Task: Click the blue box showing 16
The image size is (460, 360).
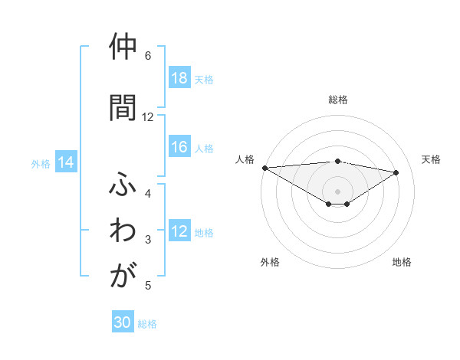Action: [x=179, y=148]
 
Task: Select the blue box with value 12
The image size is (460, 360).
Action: [x=179, y=232]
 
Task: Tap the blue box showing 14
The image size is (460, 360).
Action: [x=66, y=162]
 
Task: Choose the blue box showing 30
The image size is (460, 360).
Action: [x=123, y=323]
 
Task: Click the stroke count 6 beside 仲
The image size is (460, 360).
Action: [x=148, y=56]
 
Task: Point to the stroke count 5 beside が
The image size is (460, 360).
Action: [x=148, y=286]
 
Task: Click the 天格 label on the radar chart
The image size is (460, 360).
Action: [x=431, y=159]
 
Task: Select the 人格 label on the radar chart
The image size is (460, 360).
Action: [x=245, y=159]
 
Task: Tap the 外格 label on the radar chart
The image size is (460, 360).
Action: [x=270, y=262]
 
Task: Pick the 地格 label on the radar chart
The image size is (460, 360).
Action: [x=402, y=262]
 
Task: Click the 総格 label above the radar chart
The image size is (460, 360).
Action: [x=337, y=100]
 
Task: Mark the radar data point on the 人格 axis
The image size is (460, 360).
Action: [x=264, y=168]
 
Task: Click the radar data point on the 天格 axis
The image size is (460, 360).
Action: [x=396, y=172]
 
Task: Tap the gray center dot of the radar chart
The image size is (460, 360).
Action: [x=337, y=191]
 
